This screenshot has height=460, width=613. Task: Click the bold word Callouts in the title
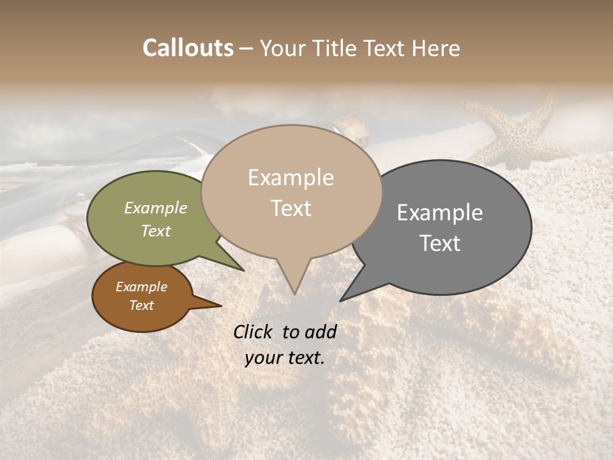[188, 48]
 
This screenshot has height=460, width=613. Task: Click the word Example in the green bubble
[156, 208]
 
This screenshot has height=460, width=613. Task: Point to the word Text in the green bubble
[156, 231]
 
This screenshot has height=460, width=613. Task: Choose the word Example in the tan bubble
[291, 178]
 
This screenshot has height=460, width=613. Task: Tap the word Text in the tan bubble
[291, 208]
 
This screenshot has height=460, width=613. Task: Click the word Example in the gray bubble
[440, 213]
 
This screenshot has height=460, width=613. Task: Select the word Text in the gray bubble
[440, 243]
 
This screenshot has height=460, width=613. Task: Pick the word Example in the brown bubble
[141, 287]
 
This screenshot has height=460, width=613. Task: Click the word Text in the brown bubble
[141, 305]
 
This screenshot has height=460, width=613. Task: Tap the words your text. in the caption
[285, 358]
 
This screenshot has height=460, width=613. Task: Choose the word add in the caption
[321, 332]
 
